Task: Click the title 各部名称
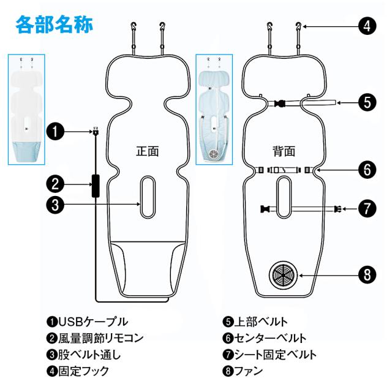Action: click(x=55, y=24)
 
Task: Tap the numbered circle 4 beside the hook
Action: click(x=367, y=26)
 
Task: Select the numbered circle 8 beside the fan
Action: click(x=367, y=275)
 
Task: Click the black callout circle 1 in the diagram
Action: click(x=55, y=132)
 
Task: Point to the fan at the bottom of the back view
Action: click(x=283, y=275)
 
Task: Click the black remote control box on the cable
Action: click(x=96, y=186)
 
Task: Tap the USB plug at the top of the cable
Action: click(x=96, y=131)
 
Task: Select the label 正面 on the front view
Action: click(x=147, y=151)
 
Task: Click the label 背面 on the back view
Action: click(x=284, y=151)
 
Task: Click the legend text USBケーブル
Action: click(x=93, y=322)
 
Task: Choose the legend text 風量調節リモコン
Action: click(x=100, y=338)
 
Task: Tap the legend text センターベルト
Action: click(x=270, y=338)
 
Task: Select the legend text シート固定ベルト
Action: click(x=275, y=355)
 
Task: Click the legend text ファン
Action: click(x=248, y=371)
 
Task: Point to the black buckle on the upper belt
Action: click(x=280, y=103)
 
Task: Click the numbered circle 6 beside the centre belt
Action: click(x=367, y=170)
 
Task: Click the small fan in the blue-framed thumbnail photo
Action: click(x=214, y=153)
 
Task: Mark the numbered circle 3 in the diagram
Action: click(x=55, y=205)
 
